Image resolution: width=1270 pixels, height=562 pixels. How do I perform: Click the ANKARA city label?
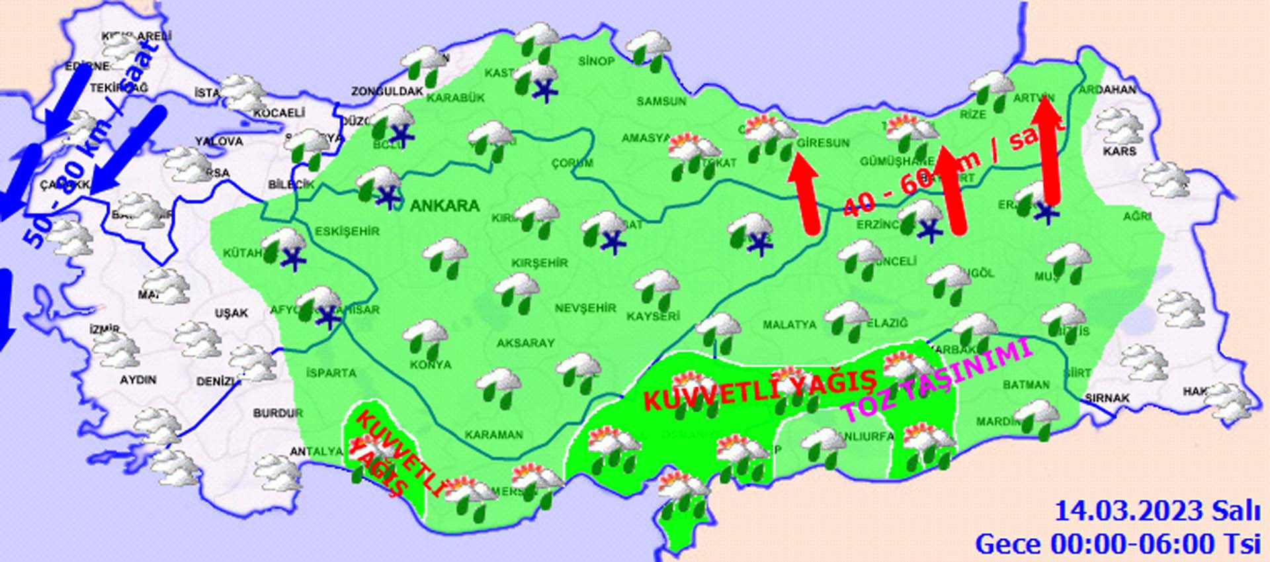click(444, 206)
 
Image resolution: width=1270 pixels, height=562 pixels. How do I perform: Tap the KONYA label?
click(431, 365)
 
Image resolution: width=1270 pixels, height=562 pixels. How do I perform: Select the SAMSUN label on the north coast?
click(661, 101)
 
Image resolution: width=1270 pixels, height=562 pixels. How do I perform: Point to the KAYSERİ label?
click(653, 316)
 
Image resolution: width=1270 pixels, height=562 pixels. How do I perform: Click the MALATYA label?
click(789, 325)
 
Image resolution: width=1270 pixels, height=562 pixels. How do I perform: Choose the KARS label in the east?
click(1119, 152)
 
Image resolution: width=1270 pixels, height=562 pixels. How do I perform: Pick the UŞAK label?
click(231, 313)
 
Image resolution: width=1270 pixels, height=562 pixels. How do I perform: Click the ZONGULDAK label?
click(387, 91)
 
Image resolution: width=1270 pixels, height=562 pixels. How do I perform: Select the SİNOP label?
click(596, 62)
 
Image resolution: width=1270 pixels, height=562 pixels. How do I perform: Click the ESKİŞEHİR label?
click(347, 231)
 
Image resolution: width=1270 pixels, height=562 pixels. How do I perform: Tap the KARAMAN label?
click(493, 435)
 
